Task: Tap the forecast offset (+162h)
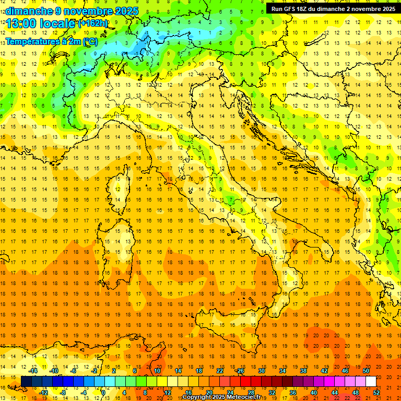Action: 93,23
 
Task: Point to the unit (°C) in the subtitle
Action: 89,41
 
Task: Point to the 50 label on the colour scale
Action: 366,371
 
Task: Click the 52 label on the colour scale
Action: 376,393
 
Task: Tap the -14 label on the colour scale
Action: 33,371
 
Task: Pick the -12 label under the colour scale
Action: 44,393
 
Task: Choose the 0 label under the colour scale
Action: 103,393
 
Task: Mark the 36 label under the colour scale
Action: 293,393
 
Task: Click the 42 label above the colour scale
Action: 324,371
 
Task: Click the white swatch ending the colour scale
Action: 371,382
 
